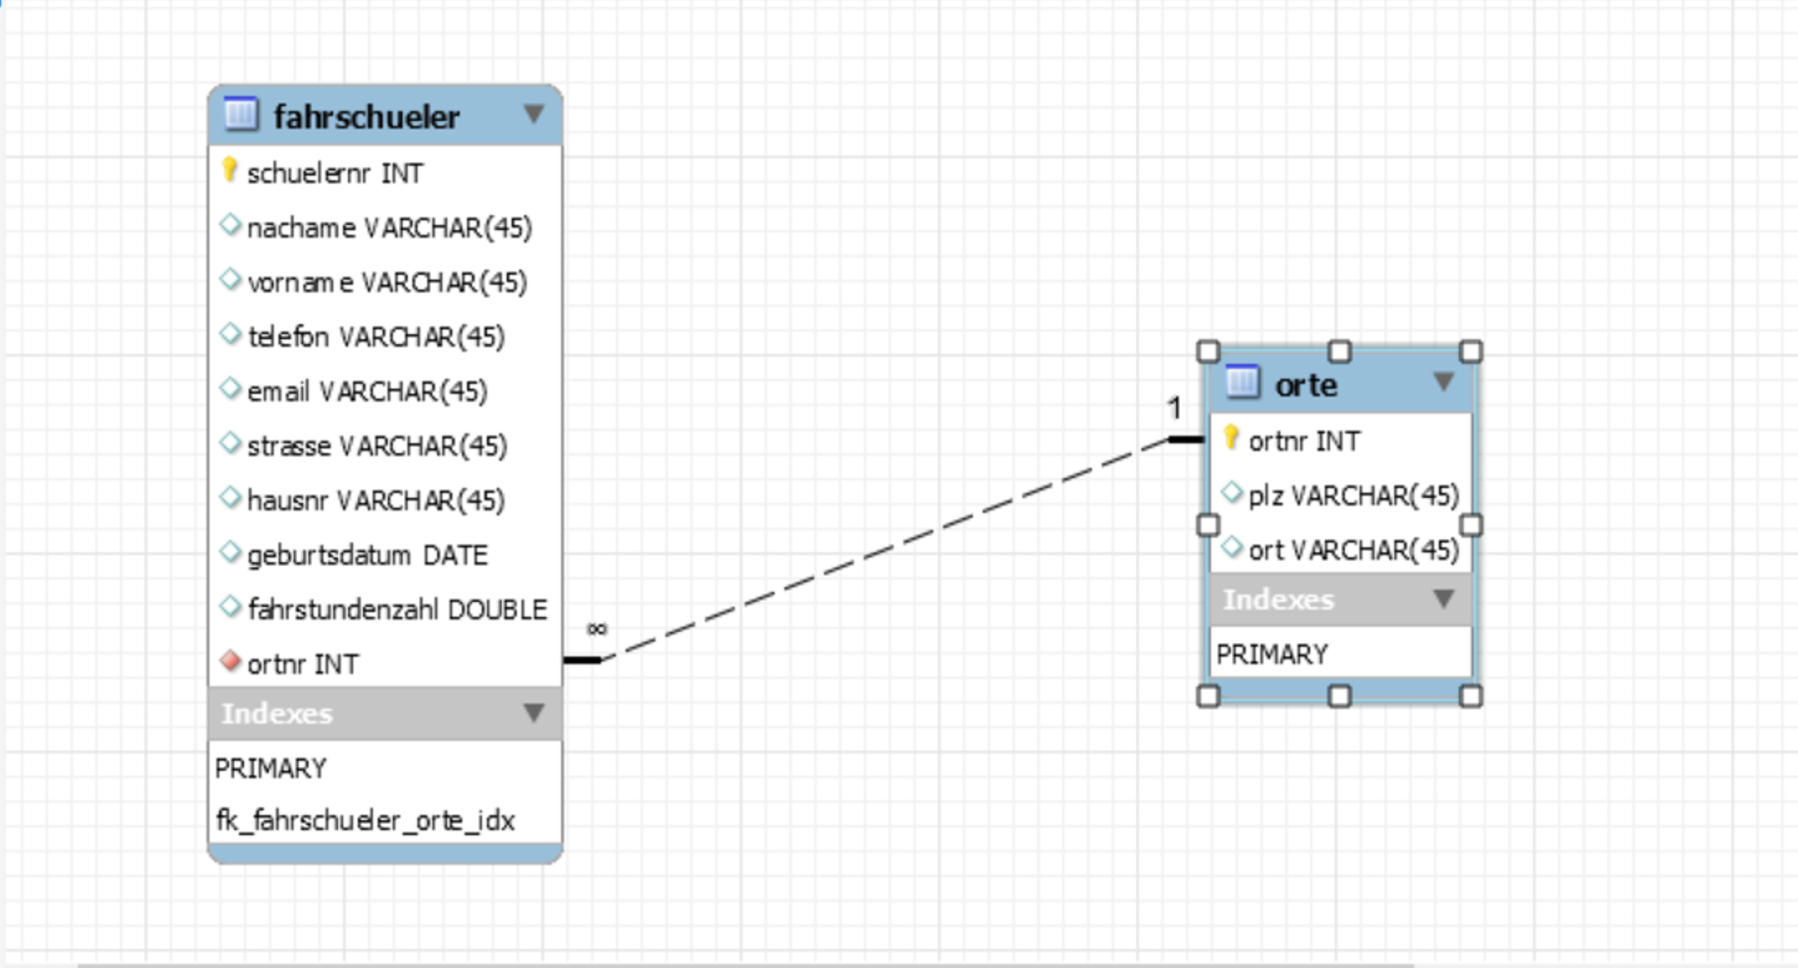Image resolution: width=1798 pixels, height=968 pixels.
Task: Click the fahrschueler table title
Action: [x=366, y=116]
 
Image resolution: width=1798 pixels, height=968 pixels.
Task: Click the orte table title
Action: [x=1306, y=384]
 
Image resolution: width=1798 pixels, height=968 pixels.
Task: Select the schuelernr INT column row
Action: [x=335, y=173]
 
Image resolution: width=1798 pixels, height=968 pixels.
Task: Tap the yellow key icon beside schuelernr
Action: [x=229, y=170]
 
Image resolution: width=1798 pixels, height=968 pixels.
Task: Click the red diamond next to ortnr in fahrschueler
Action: [x=230, y=661]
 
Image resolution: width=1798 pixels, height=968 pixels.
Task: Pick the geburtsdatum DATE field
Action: [x=367, y=555]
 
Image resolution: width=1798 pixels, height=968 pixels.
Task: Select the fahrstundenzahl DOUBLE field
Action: [x=396, y=609]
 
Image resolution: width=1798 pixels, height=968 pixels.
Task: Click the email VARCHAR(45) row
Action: [x=367, y=391]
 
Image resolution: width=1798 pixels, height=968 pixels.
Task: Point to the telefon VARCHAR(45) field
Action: [x=376, y=336]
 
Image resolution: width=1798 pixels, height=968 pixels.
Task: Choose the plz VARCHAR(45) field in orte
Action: [x=1352, y=495]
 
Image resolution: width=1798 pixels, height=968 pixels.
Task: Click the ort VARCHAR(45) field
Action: [x=1352, y=550]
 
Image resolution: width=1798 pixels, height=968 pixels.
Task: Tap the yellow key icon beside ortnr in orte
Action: [x=1230, y=437]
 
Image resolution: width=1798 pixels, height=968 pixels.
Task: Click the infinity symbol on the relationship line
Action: [x=597, y=629]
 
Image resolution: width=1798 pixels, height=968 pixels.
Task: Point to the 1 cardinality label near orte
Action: [x=1174, y=408]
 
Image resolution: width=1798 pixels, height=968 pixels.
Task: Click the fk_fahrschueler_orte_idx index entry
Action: [x=365, y=820]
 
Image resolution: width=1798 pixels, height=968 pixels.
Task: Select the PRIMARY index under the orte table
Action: [x=1271, y=654]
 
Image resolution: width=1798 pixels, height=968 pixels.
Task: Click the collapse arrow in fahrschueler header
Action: [x=533, y=114]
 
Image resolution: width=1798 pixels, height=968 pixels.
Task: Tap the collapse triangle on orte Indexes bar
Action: [x=1443, y=598]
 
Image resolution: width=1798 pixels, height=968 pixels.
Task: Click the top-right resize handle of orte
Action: [x=1471, y=351]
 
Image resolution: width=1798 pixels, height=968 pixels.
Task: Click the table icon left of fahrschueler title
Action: [x=241, y=114]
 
